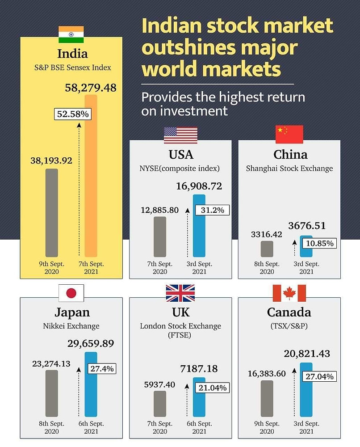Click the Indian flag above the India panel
coord(71,34)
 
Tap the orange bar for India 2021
coord(91,179)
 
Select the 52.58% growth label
coord(72,114)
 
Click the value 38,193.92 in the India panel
coord(52,160)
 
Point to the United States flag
coord(180,135)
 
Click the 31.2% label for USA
coord(212,210)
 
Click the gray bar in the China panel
coord(267,249)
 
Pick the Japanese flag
coord(71,293)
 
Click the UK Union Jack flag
coord(180,293)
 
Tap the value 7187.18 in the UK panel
coord(199,368)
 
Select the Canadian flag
coord(289,293)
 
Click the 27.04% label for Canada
coord(319,376)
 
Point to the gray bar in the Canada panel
coord(267,398)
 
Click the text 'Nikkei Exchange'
coord(71,326)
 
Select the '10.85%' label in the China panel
coord(319,244)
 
